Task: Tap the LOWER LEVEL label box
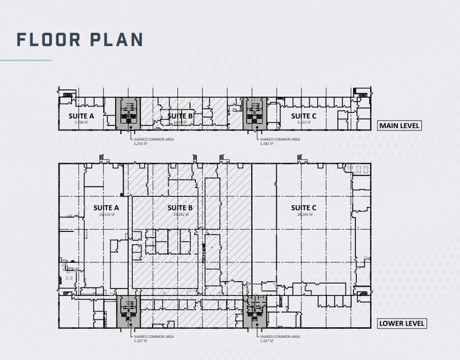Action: (401, 323)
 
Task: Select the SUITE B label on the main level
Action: (181, 116)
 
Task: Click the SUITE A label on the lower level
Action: (105, 208)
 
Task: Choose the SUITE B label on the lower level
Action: (181, 208)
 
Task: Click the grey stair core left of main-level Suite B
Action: (128, 113)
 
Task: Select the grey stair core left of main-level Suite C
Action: (254, 113)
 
